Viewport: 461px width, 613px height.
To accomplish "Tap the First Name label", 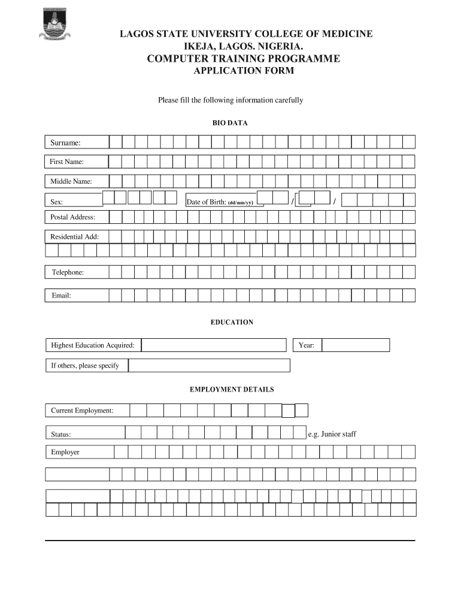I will [x=66, y=162].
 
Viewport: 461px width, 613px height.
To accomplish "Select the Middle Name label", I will [x=71, y=181].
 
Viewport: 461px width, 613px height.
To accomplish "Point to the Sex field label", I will [x=57, y=202].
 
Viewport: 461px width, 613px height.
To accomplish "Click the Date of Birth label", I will [x=220, y=202].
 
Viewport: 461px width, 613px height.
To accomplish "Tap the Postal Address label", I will [x=72, y=217].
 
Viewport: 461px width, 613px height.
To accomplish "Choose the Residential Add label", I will [x=74, y=236].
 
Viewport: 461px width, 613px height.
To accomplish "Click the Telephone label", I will [x=67, y=272].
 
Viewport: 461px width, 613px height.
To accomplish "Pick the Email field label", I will [x=61, y=295].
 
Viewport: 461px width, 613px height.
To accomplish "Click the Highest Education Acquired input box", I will [x=214, y=345].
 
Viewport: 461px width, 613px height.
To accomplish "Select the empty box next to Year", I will [x=356, y=345].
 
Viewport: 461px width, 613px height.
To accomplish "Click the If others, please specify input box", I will [x=209, y=365].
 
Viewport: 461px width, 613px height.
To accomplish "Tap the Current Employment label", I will [x=82, y=411].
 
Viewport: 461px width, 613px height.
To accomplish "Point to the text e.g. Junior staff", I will [x=332, y=434].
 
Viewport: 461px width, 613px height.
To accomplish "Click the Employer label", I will [x=65, y=452].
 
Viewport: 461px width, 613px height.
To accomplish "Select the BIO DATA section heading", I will [x=230, y=123].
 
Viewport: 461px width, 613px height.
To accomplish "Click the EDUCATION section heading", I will [x=232, y=322].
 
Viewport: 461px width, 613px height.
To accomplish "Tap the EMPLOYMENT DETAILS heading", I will [x=232, y=390].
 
